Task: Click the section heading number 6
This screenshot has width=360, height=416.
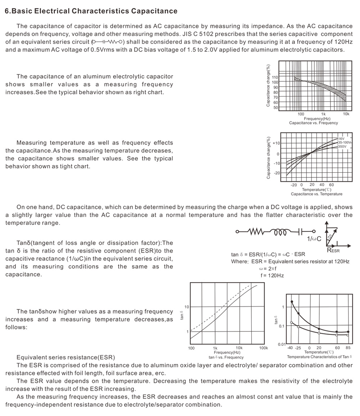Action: point(7,11)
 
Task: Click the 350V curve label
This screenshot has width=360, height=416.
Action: point(342,146)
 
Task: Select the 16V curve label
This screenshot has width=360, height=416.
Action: point(341,139)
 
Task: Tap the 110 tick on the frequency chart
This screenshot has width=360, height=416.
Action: point(275,77)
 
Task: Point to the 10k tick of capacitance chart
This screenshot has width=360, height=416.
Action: point(346,114)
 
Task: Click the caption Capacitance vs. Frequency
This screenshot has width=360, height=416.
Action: point(313,123)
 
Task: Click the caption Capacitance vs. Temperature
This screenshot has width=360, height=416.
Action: point(316,194)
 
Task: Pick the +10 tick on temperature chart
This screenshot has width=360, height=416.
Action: point(276,143)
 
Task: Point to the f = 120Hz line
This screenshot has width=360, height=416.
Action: point(273,275)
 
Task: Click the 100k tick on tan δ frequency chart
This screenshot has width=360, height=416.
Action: point(264,348)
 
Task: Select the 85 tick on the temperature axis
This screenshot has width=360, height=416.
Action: point(348,348)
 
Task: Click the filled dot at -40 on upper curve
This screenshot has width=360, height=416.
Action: point(292,302)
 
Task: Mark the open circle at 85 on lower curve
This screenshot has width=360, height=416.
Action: point(348,335)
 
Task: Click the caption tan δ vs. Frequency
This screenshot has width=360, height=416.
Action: point(226,357)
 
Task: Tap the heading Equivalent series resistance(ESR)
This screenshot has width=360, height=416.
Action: point(66,357)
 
